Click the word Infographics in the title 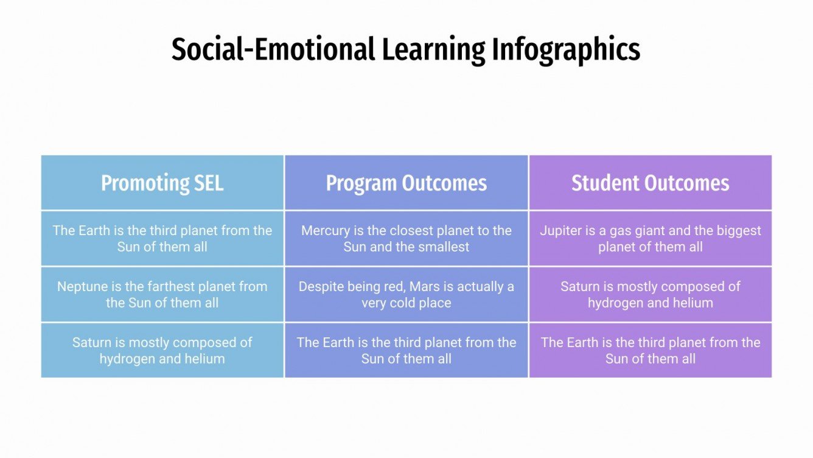[x=565, y=49]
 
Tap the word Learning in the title [x=434, y=49]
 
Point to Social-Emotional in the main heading [x=273, y=49]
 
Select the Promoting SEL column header [x=162, y=183]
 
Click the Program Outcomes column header [x=406, y=183]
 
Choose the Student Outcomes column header [x=650, y=183]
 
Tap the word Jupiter [x=560, y=231]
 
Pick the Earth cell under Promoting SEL [x=162, y=239]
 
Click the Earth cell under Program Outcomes [x=406, y=350]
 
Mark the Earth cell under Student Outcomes [x=650, y=350]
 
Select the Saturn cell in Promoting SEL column [x=162, y=350]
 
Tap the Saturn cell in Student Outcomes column [x=650, y=294]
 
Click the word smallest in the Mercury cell [x=442, y=247]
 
